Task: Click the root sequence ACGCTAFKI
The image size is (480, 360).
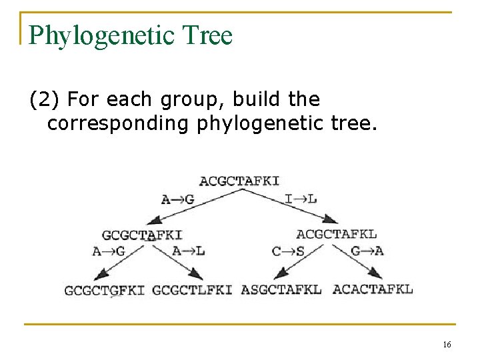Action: coord(239,181)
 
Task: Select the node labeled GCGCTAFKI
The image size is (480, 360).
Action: coord(142,235)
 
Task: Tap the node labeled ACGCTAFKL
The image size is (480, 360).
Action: coord(336,234)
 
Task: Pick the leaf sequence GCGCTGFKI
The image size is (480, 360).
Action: coord(105,290)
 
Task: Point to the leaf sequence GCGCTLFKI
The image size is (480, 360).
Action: coord(192,290)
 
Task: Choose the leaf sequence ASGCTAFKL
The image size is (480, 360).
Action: coord(281,289)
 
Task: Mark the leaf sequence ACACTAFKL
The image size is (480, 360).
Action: coord(372,289)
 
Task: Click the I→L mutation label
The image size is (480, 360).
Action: coord(301,199)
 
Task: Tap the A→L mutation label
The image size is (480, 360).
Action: coord(188,251)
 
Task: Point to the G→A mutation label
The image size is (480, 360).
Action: coord(367,251)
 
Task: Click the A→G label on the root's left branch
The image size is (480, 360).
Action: coord(177,199)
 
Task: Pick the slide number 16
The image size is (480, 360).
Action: coord(446,344)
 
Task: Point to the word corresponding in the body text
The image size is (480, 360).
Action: coord(119,123)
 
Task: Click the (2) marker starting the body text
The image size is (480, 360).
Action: coord(44,100)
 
